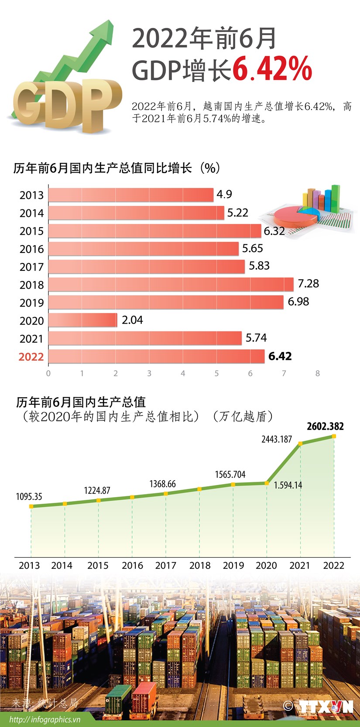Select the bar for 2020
point(82,320)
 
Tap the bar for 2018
point(170,284)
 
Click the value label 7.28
point(308,283)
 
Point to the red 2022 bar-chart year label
point(31,357)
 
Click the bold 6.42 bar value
point(280,356)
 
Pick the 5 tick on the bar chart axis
point(216,373)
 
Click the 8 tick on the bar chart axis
point(317,373)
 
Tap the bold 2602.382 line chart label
point(325,426)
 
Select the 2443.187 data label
point(277,439)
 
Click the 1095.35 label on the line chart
point(29,496)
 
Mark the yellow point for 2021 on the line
point(300,444)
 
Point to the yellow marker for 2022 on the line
point(334,436)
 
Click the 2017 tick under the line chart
point(165,566)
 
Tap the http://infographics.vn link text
point(45,720)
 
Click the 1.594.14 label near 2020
point(288,485)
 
